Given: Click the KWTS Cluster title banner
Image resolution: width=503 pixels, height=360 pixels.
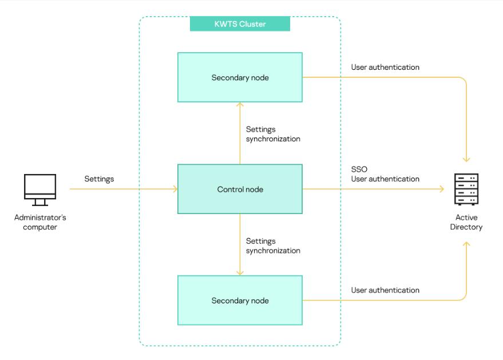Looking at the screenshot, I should point(240,23).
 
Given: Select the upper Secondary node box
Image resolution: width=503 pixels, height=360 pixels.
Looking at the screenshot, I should point(240,77).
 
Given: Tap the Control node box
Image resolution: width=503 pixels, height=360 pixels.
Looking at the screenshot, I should point(240,189).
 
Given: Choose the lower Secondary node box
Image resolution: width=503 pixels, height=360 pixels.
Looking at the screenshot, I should point(240,300).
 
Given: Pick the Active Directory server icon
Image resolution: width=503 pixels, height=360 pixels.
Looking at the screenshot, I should point(466,189).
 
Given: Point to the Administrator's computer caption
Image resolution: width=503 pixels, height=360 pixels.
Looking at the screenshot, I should point(40,222).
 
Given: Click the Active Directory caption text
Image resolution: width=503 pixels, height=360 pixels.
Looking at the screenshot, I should point(469,222).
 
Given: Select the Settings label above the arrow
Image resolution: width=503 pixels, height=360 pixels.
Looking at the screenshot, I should point(99,179).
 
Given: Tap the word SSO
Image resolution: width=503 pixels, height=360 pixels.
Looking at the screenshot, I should point(359,170).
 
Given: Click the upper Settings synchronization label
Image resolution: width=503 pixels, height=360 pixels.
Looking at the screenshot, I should point(273,134).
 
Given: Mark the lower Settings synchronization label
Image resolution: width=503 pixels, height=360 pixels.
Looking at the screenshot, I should point(273,246).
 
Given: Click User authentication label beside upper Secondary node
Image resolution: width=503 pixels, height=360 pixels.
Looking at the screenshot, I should point(385,68).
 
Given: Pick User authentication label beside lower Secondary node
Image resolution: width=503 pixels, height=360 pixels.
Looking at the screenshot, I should point(385,290).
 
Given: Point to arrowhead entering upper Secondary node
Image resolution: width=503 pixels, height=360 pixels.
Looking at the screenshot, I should point(240,105).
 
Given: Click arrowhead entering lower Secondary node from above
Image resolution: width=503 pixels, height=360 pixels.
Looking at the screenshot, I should point(240,273).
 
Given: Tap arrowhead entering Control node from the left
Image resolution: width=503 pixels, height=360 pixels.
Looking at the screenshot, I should point(175,189).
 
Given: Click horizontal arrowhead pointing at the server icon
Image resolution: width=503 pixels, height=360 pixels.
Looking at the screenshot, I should point(442,189).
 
